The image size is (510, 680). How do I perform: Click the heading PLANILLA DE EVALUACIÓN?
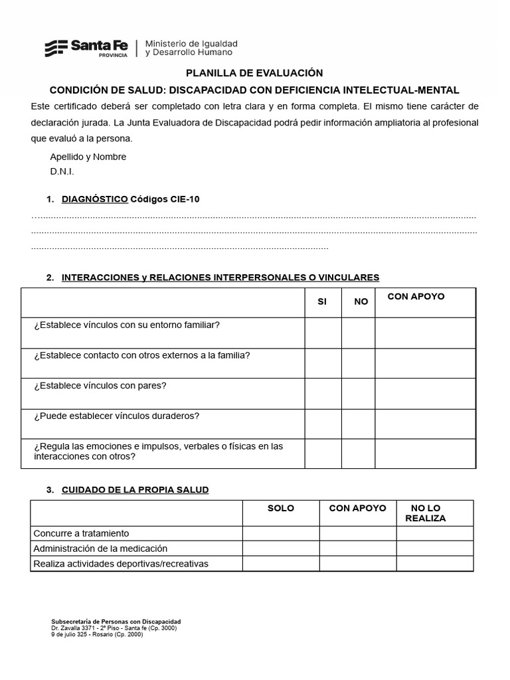tap(254, 73)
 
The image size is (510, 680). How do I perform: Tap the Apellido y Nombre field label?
tap(88, 157)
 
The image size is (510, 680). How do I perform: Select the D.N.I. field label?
tap(62, 171)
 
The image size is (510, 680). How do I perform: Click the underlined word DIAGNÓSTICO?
tap(94, 199)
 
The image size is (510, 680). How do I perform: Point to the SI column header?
tap(322, 301)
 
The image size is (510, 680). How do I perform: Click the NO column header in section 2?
tap(361, 301)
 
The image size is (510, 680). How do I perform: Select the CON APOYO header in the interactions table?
tap(416, 296)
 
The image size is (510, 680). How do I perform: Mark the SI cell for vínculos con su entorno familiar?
tap(323, 333)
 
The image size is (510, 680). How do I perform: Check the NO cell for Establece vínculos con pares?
tap(359, 394)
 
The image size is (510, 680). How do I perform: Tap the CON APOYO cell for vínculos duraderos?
tap(425, 424)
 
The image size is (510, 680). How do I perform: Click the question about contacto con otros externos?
tap(142, 355)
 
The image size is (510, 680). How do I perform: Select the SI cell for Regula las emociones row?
tap(323, 454)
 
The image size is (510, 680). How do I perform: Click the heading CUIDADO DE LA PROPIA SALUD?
tap(135, 490)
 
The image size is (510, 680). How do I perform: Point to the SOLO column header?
tap(280, 508)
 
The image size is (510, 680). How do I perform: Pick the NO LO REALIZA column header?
tap(426, 513)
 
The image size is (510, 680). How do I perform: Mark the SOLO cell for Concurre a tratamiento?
tap(280, 533)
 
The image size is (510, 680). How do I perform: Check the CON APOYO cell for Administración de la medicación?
tap(357, 549)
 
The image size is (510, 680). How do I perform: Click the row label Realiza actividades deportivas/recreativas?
tap(121, 564)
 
